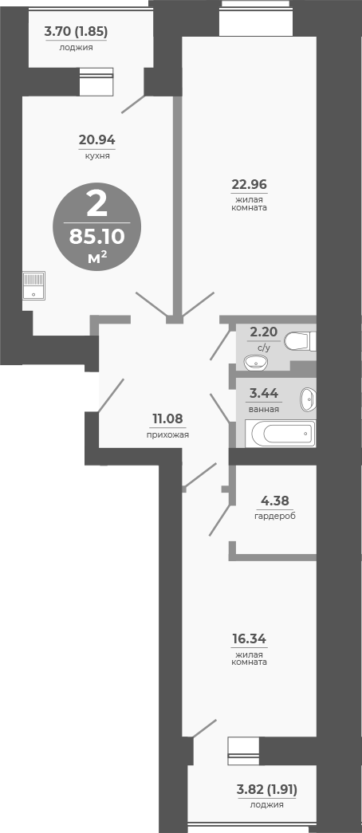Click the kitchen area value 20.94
[x=96, y=141]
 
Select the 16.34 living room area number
[x=249, y=639]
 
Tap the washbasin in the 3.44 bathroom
[x=308, y=398]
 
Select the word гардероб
[x=275, y=516]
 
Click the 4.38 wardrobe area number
[x=275, y=501]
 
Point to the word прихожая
[x=167, y=434]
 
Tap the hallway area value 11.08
[x=168, y=419]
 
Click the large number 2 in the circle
[x=96, y=205]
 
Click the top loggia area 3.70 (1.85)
[x=76, y=32]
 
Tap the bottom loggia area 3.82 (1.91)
[x=266, y=789]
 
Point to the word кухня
[x=96, y=155]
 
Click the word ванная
[x=264, y=409]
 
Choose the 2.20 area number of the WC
[x=265, y=332]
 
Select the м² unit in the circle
[x=97, y=257]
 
